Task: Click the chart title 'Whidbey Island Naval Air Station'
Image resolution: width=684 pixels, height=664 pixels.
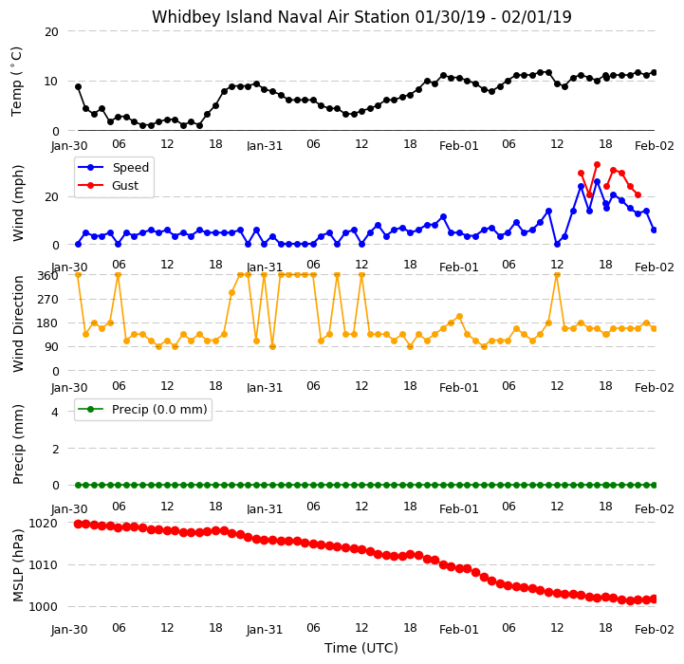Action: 281,17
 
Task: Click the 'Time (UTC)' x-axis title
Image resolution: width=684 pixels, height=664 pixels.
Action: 361,648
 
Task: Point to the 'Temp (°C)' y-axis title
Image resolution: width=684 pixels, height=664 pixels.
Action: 16,82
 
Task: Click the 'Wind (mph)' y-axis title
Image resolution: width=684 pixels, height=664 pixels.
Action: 18,203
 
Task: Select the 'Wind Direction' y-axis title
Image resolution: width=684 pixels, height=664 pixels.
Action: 18,323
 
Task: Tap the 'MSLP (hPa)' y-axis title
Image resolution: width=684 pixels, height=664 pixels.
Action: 18,565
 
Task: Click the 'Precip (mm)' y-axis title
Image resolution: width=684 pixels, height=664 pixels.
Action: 18,445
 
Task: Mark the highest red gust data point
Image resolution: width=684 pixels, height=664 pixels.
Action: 597,165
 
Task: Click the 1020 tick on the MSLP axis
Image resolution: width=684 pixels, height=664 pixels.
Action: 43,523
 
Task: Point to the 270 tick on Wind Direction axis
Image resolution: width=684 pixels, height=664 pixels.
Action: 48,300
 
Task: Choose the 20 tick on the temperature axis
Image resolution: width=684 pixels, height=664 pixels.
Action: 51,32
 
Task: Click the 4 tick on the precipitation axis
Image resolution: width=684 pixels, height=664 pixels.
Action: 54,412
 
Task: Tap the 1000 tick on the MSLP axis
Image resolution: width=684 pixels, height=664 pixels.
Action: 43,607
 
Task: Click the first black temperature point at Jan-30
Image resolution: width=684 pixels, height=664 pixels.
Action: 78,87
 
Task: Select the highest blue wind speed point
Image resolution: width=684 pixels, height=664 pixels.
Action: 597,181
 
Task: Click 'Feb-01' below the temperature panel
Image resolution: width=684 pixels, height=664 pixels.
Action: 459,146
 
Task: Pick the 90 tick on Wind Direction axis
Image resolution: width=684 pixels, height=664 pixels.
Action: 51,347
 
